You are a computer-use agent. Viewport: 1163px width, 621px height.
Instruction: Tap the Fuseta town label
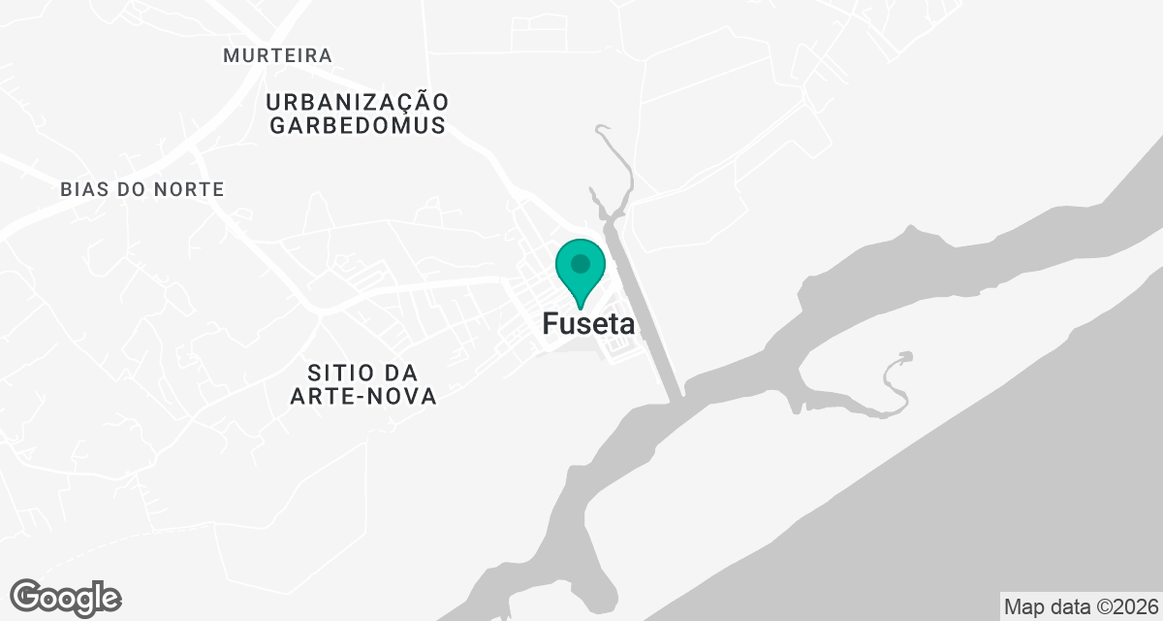point(588,324)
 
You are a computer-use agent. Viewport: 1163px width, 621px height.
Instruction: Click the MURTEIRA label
point(277,55)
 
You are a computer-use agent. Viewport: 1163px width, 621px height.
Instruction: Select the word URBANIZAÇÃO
point(358,102)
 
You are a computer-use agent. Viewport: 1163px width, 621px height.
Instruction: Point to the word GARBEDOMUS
point(358,125)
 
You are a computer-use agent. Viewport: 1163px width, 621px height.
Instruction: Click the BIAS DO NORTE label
point(141,189)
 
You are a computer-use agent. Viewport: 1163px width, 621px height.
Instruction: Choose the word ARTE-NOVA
point(363,396)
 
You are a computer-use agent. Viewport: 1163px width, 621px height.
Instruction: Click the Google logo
point(65,598)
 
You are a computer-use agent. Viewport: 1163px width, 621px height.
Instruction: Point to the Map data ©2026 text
point(1080,606)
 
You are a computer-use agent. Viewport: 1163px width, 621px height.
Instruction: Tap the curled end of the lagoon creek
point(905,357)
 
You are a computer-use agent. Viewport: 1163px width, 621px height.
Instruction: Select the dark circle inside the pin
point(581,263)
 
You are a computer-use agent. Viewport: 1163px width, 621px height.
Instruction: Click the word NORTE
point(189,189)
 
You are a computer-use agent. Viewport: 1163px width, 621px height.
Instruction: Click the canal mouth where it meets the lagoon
point(680,393)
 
